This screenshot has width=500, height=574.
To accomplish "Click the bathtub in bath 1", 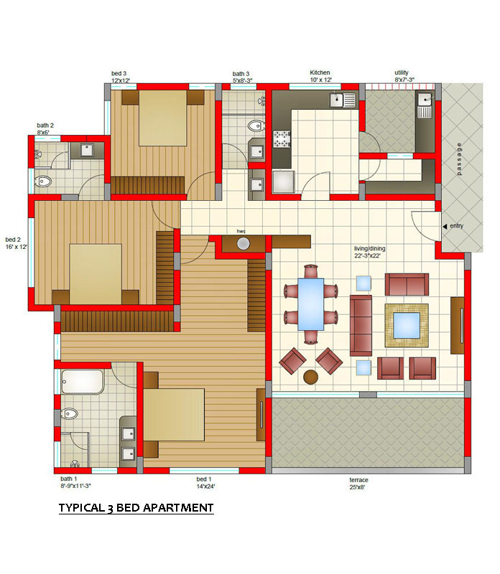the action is (x=83, y=382).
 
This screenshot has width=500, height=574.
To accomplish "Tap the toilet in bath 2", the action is (x=43, y=181).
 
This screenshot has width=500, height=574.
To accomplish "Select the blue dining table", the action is (x=310, y=304).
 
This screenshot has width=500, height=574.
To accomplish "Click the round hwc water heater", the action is (x=243, y=243).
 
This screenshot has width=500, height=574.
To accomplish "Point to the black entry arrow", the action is (x=445, y=227).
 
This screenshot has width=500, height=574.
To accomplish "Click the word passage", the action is (x=459, y=159).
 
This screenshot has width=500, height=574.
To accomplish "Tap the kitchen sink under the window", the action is (x=342, y=100).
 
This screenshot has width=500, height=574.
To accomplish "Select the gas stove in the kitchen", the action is (x=282, y=139).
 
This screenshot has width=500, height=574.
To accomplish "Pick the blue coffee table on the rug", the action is (x=407, y=326).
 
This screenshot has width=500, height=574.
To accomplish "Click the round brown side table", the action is (x=311, y=377).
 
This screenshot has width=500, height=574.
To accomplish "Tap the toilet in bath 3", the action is (x=256, y=126).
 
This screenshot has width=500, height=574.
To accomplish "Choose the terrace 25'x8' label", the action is (x=358, y=483).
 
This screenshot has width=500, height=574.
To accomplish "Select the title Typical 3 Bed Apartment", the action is (x=136, y=508).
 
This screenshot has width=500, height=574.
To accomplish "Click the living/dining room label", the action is (x=369, y=252).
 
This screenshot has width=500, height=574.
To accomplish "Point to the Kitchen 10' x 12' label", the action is (x=320, y=76).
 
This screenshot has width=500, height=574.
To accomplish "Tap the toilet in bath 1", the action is (x=70, y=414).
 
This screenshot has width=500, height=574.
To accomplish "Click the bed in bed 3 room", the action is (x=163, y=118).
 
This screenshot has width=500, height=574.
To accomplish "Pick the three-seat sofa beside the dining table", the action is (x=361, y=326).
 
